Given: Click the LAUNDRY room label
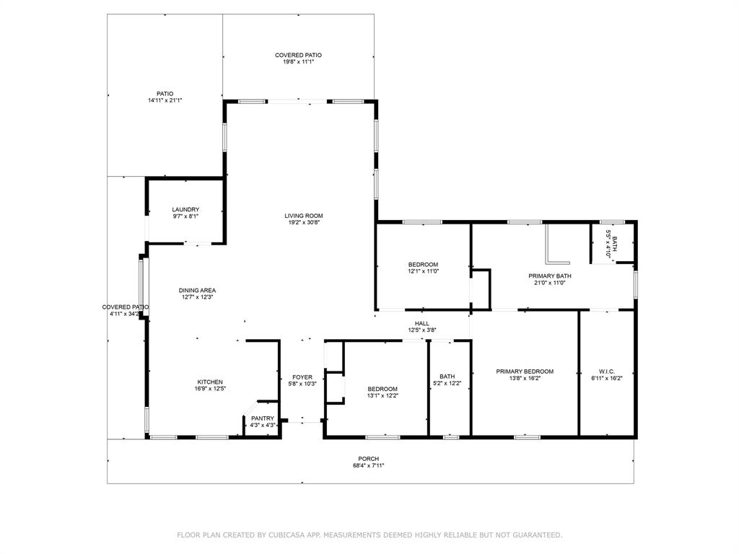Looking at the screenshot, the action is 185,210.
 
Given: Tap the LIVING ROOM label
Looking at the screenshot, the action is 304,216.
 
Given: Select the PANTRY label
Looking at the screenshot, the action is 263,418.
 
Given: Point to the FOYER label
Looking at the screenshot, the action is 302,377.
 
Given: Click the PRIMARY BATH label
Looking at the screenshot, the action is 549,276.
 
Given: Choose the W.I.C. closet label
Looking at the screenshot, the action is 607,371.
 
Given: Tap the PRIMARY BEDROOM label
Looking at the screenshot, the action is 525,371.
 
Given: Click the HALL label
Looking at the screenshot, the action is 421,324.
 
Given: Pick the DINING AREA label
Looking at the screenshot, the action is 197,291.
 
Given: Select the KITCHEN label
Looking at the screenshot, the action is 210,382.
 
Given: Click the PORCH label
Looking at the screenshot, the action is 369,459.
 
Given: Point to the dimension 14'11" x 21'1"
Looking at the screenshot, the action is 165,100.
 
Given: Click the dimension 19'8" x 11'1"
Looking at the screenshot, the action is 298,62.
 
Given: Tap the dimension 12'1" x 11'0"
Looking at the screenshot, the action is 423,271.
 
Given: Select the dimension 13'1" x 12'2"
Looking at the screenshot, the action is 382,396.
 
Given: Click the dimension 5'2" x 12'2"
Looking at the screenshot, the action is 447,384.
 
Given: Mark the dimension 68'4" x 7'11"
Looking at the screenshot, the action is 369,466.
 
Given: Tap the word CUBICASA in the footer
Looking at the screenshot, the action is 289,535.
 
